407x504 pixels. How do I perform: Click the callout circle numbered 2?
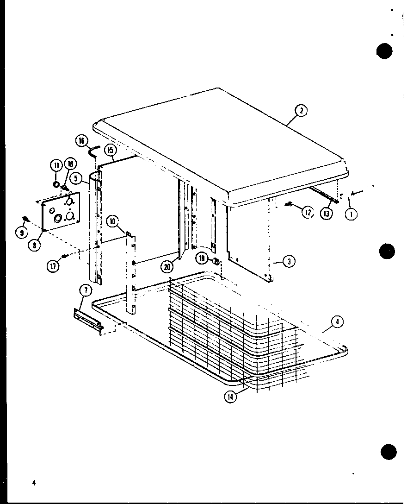coord(302,110)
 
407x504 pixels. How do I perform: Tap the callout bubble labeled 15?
coord(110,150)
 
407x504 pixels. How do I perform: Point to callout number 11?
coord(56,165)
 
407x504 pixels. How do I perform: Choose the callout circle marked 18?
coord(70,163)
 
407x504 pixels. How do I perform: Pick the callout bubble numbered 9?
coord(21,233)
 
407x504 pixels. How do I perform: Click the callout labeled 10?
coord(112,221)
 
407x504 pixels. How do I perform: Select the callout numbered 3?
coord(288,261)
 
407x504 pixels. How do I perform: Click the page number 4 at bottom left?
coord(34,482)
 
